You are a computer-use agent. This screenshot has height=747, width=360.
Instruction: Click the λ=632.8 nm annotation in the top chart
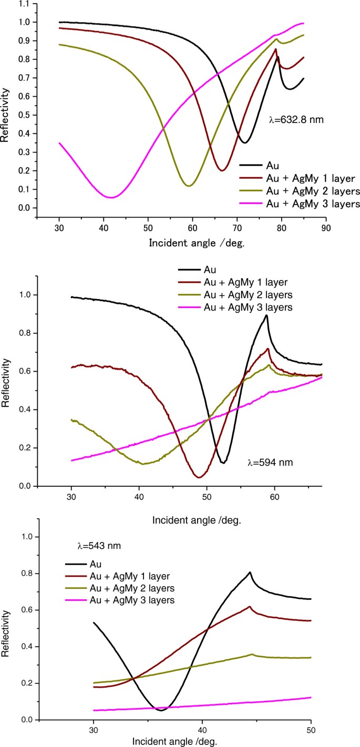[295, 120]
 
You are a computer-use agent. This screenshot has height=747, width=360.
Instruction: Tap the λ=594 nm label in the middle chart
[270, 463]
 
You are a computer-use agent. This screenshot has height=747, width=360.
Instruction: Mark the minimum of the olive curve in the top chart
[189, 186]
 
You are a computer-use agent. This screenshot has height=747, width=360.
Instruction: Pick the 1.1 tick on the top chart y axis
[24, 3]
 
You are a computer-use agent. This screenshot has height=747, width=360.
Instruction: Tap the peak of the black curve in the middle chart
[267, 315]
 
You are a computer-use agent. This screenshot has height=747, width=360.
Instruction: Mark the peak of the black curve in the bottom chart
[250, 572]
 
